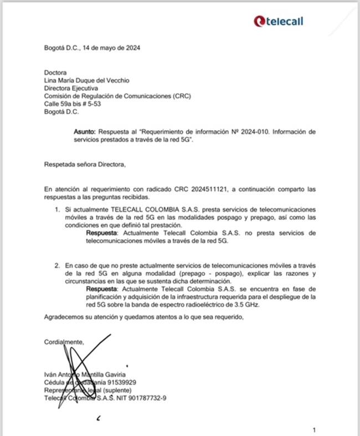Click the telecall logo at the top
pyautogui.click(x=278, y=21)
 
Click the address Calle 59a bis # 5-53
pyautogui.click(x=73, y=104)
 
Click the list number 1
pyautogui.click(x=57, y=210)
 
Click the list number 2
pyautogui.click(x=57, y=266)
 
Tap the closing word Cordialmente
pyautogui.click(x=64, y=342)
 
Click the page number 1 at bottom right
pyautogui.click(x=315, y=430)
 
